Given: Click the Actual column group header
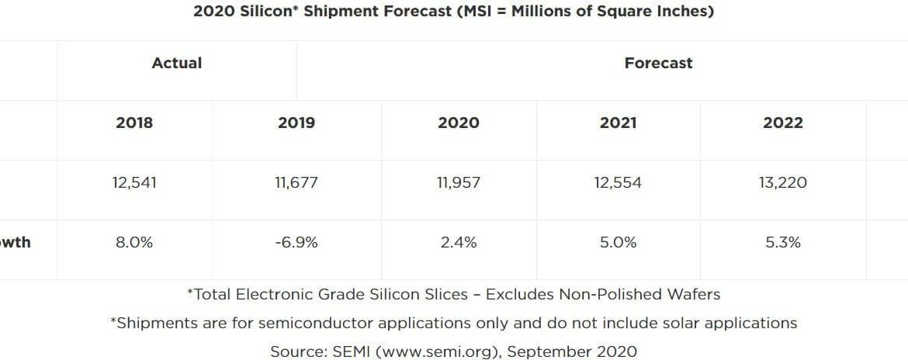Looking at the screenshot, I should (x=177, y=64).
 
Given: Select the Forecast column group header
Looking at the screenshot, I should (x=658, y=64).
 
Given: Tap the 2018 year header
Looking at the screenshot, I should (x=134, y=123).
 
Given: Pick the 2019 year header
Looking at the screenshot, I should (x=296, y=123).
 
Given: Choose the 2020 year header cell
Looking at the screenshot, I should (x=459, y=123).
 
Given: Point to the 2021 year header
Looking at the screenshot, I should (x=618, y=123).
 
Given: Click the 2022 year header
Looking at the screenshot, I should (x=783, y=123).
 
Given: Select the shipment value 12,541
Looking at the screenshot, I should (x=134, y=183).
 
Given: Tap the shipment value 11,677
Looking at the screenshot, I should (x=296, y=183).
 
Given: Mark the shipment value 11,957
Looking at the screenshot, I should (x=459, y=183).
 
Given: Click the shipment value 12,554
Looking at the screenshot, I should (x=618, y=183).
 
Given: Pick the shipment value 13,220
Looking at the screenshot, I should (x=783, y=183).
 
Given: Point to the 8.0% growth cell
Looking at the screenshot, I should (x=134, y=243).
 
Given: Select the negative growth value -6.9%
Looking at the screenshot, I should (x=296, y=243).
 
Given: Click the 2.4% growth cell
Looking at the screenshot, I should (x=459, y=243).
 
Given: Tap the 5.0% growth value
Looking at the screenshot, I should (x=618, y=243).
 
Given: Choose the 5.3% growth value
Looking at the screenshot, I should (x=783, y=243).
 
